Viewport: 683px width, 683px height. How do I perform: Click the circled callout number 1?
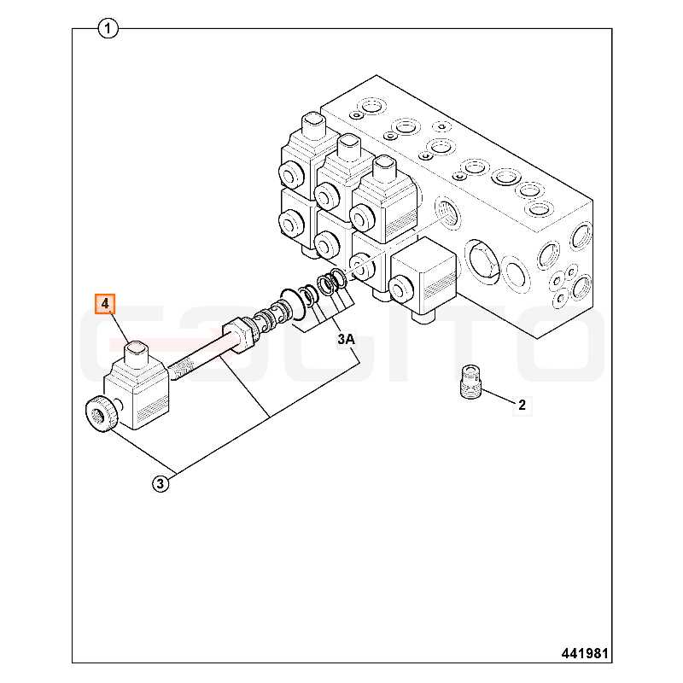[108, 29]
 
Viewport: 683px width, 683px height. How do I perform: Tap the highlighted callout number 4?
[105, 304]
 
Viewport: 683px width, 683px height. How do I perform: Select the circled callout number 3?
[161, 483]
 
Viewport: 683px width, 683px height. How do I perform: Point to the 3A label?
[347, 338]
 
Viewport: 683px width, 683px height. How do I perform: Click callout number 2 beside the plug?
[522, 405]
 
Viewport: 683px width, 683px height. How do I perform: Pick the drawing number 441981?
[585, 653]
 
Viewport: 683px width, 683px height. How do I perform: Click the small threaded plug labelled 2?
[470, 381]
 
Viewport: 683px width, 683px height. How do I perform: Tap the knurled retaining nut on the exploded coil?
[102, 414]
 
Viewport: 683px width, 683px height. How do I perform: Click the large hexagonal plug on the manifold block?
[482, 260]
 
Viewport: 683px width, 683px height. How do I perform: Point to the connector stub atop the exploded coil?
[137, 353]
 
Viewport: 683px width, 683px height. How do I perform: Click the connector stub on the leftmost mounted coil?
[312, 125]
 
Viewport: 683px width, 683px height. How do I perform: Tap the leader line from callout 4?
[119, 328]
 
